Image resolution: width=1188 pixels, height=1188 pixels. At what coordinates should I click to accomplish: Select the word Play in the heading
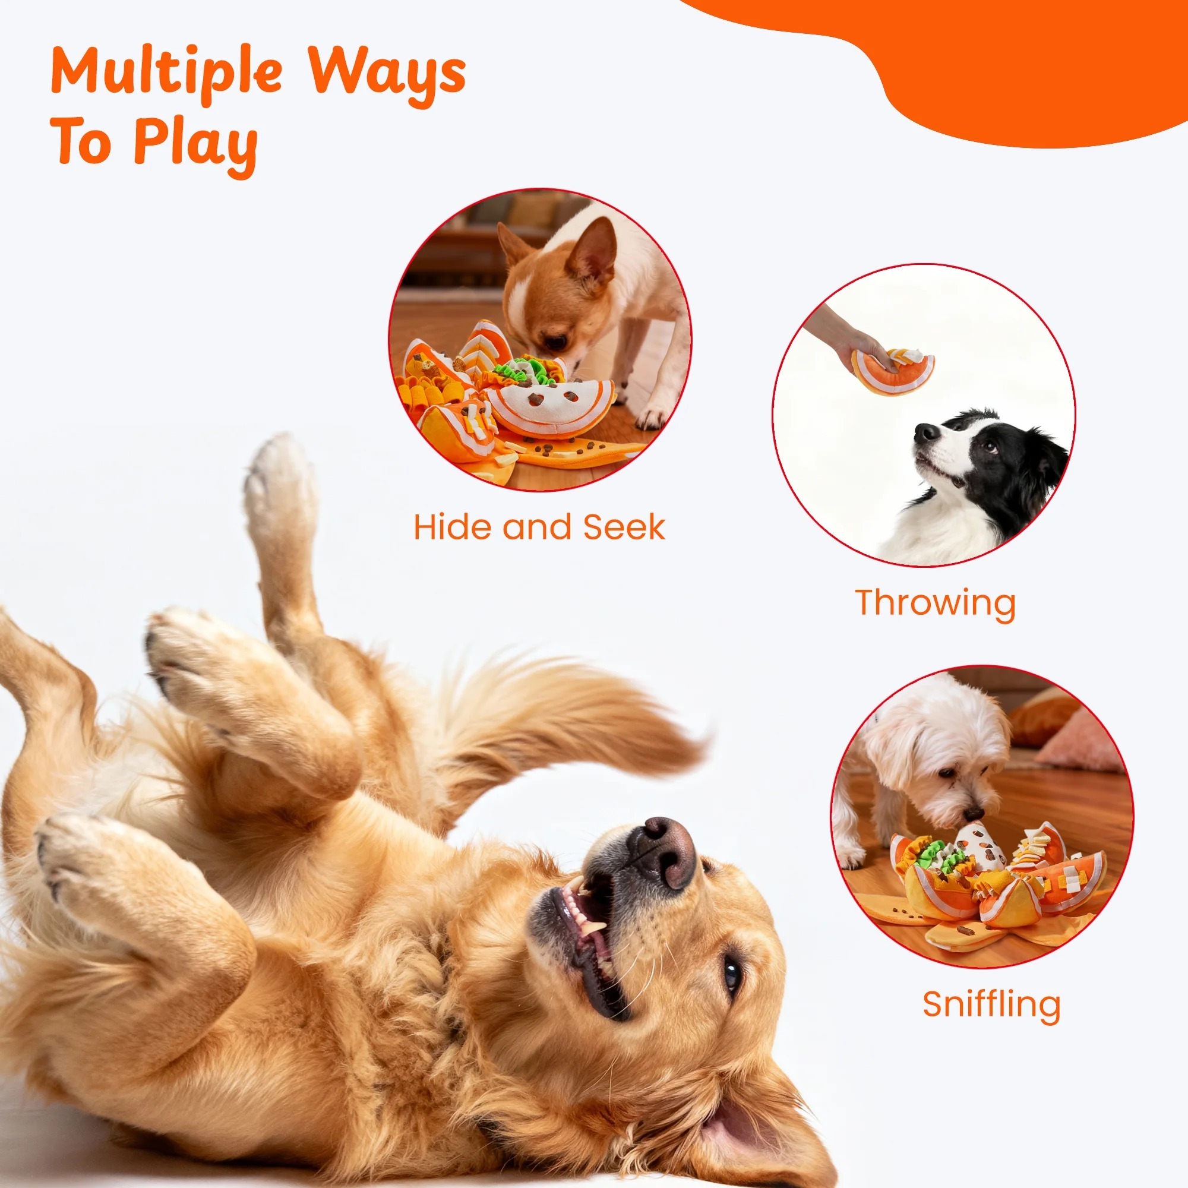[195, 147]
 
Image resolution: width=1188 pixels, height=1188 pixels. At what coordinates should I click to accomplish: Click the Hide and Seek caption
[539, 527]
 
